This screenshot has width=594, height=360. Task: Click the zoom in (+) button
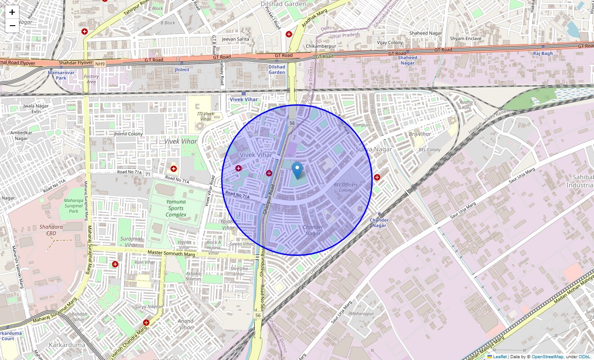click(12, 12)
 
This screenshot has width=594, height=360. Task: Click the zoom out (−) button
click(12, 26)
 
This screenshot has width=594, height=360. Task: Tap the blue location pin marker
click(297, 171)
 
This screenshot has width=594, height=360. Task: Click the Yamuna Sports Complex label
click(175, 208)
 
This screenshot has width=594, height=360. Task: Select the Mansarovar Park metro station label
click(57, 75)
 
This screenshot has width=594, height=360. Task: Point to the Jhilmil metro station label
click(182, 70)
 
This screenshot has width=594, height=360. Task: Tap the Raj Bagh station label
click(543, 54)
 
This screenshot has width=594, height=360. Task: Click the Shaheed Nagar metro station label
click(407, 60)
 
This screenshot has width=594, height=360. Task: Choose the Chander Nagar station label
click(379, 222)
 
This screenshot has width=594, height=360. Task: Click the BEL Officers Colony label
click(346, 187)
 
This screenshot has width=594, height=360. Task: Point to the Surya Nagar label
click(373, 149)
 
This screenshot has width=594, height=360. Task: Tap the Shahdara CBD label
click(51, 230)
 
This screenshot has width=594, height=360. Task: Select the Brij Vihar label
click(419, 134)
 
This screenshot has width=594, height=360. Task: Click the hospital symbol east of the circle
click(377, 177)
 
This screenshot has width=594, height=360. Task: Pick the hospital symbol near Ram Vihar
click(115, 264)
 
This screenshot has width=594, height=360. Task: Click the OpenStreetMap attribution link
click(547, 357)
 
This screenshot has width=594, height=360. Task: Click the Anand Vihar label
click(185, 324)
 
